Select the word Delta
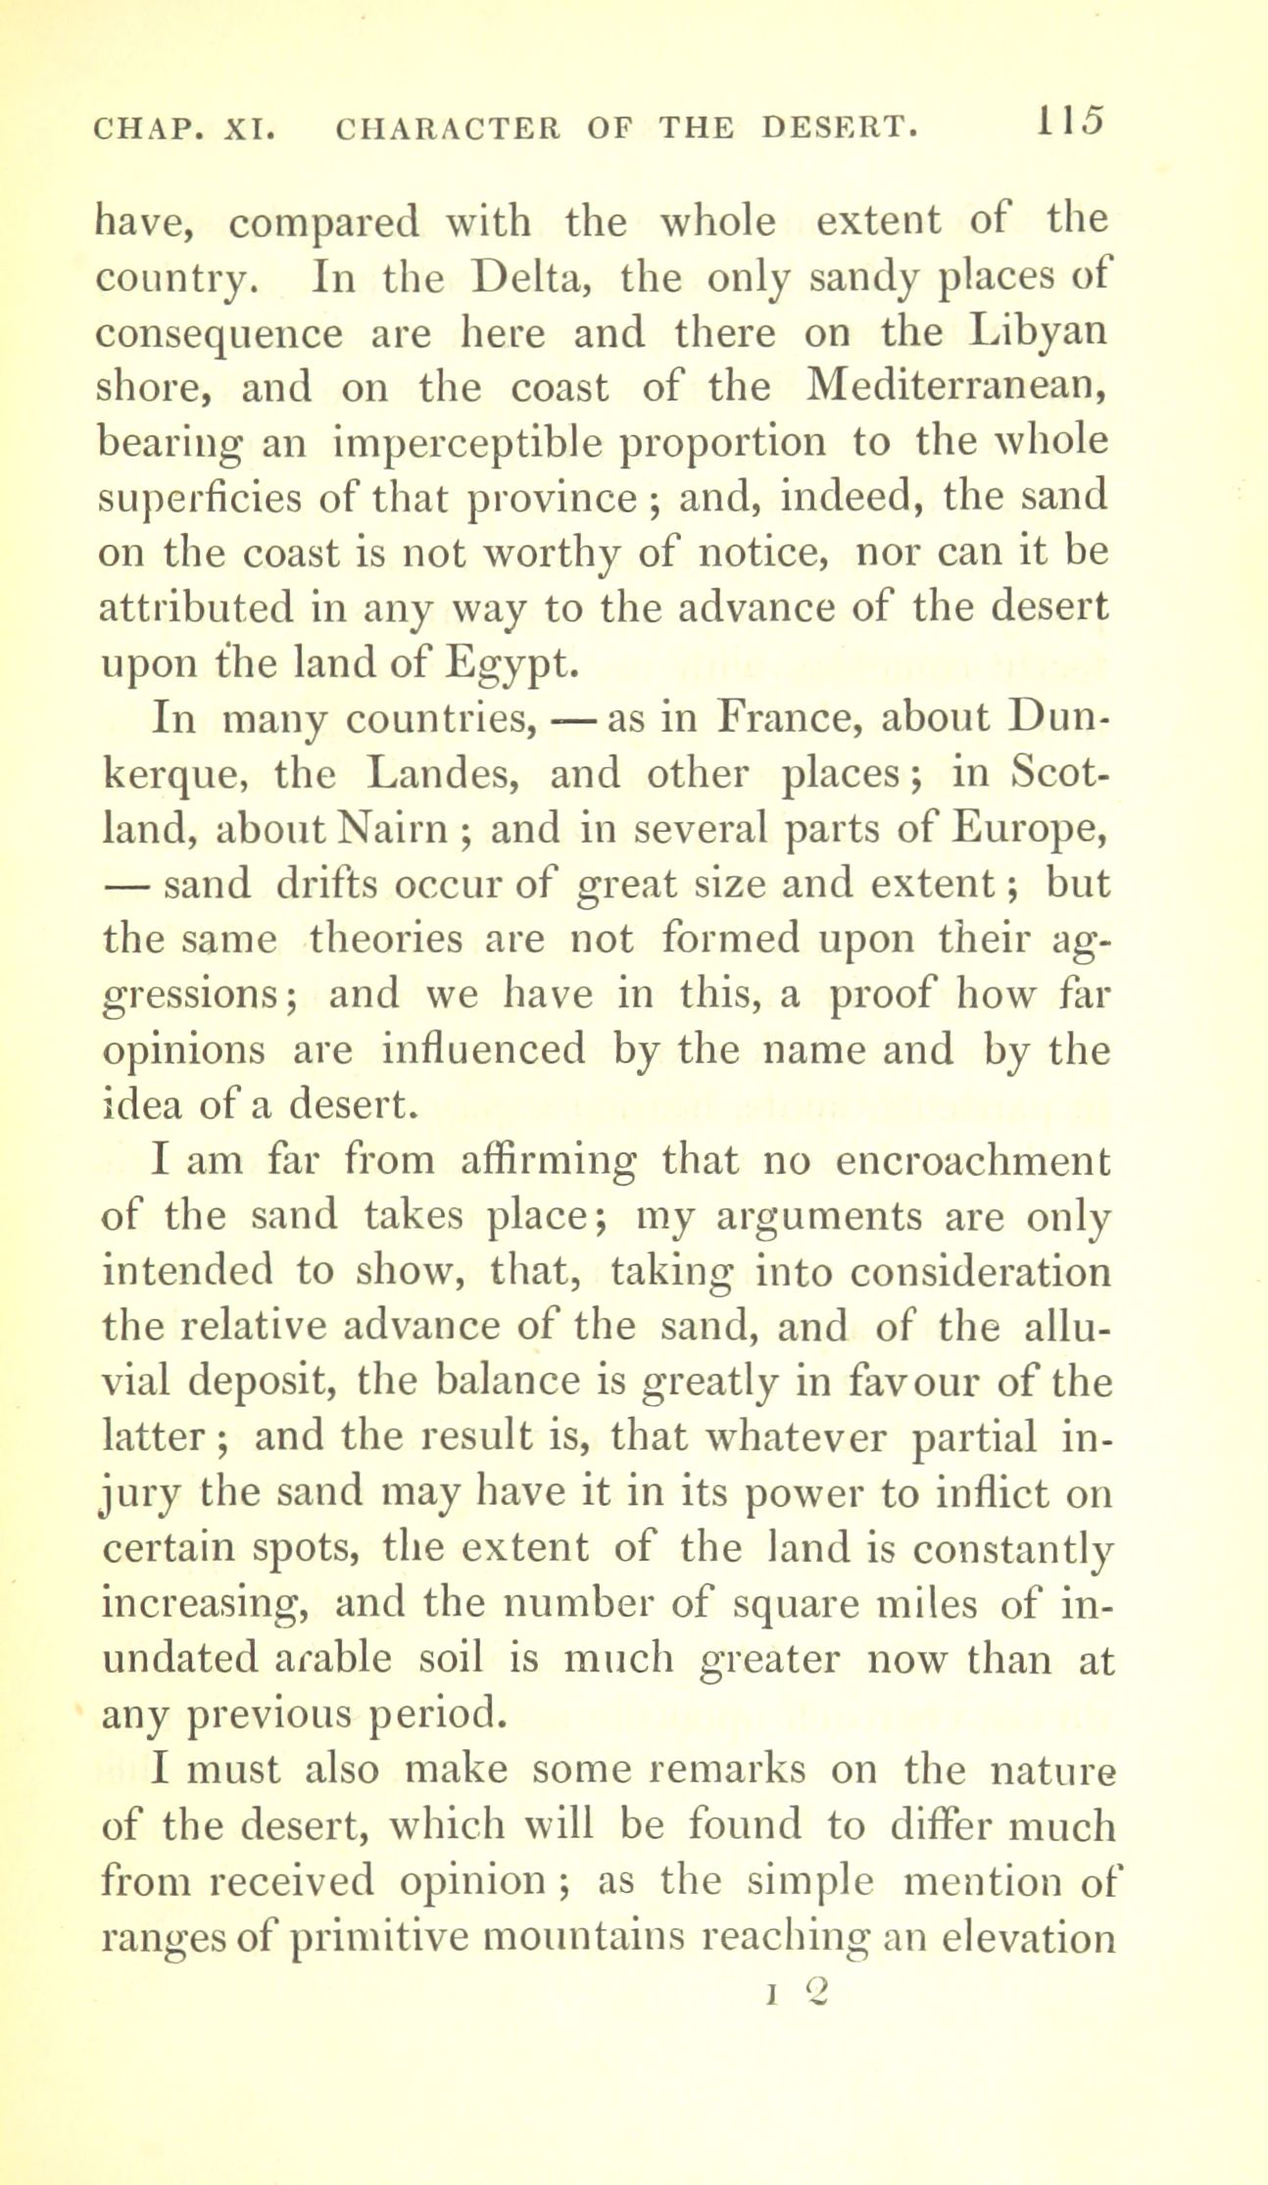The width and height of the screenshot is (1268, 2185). pos(528,280)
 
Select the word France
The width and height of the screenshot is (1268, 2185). pos(788,719)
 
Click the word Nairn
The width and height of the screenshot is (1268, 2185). pos(396,830)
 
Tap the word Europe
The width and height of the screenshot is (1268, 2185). pos(1032,830)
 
